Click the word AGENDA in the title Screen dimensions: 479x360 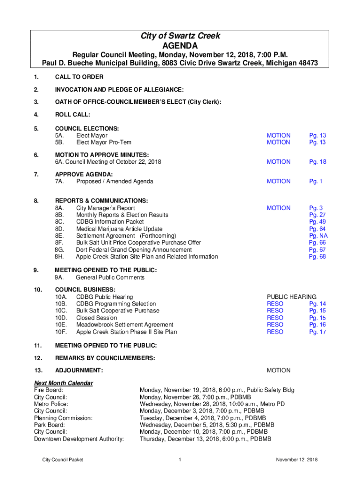tap(180, 46)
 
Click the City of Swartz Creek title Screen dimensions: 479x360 tap(180, 36)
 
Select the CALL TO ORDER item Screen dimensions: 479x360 tap(79, 77)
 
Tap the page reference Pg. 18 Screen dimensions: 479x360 tap(317, 162)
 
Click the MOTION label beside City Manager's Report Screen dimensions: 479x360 tap(278, 208)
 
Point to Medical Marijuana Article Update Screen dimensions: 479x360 tap(119, 229)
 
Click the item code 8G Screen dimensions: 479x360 tap(59, 250)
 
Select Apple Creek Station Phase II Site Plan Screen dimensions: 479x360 tap(126, 332)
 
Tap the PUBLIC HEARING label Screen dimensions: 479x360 tap(291, 297)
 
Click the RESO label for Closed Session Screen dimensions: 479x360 tap(275, 318)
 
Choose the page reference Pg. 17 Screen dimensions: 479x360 tap(317, 332)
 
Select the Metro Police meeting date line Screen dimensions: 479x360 tap(212, 404)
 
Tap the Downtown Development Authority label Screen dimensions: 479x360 tap(79, 439)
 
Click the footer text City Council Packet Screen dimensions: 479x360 tap(62, 460)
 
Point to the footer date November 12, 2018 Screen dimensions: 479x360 tap(296, 460)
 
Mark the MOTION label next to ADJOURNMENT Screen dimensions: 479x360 tap(278, 370)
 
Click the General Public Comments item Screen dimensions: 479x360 tap(110, 277)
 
